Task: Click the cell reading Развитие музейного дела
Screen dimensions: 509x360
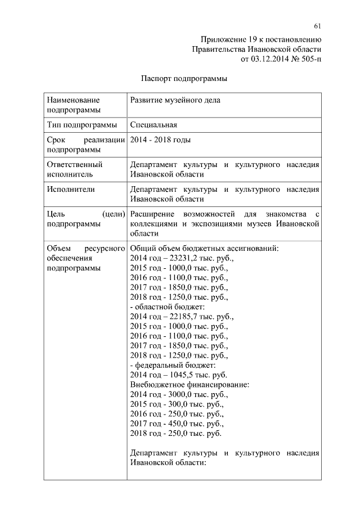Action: [x=175, y=100]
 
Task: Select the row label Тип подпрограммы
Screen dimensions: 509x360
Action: [x=82, y=124]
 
